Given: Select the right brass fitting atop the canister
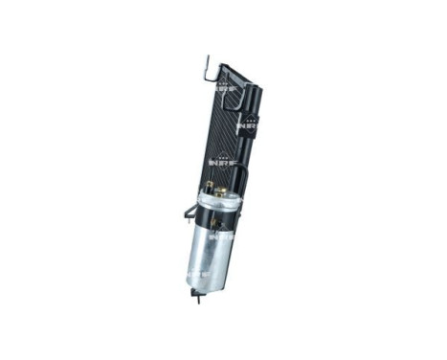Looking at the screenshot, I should point(222,191).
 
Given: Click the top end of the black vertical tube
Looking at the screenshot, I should point(257,88).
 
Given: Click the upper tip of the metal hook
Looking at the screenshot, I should point(205,56).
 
